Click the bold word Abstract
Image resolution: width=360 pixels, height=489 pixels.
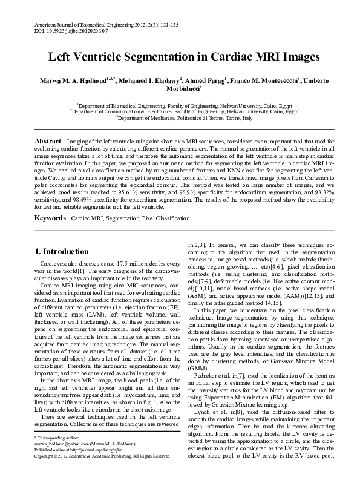(x=47, y=140)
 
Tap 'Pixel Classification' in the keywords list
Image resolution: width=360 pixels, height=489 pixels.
(x=163, y=217)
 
